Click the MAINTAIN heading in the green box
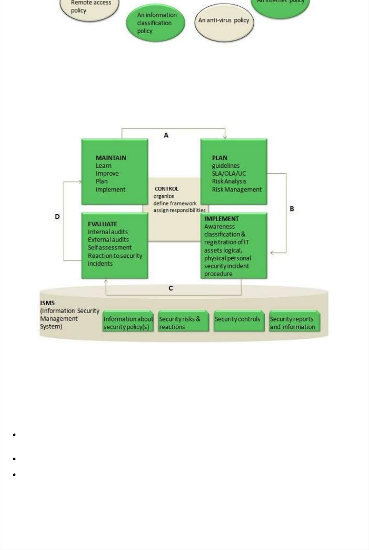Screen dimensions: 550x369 111,158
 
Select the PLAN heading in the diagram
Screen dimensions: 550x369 220,158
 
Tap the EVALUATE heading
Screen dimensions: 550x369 102,224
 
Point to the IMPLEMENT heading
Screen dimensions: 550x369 221,219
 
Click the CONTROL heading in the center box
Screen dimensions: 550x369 166,189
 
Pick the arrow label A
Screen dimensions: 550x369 166,135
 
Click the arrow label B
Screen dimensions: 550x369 292,209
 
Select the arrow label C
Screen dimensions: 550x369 171,288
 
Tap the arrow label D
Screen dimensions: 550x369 57,217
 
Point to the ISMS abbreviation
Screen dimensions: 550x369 47,303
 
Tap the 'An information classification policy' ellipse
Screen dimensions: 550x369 155,23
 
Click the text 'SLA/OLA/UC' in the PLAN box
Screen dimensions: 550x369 229,173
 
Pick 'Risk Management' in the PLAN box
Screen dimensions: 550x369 236,189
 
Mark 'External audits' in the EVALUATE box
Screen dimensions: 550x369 108,240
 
